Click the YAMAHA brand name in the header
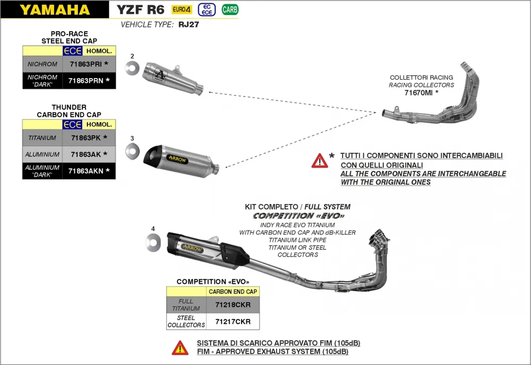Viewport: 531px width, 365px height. (63, 10)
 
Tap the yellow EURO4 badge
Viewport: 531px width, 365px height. (182, 10)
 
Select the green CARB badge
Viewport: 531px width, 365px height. (230, 10)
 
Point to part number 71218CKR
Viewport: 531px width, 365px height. (233, 305)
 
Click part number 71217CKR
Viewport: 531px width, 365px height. (233, 321)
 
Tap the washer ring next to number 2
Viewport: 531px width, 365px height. (132, 67)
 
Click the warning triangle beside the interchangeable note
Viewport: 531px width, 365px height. (320, 160)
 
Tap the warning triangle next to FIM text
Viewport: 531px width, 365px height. (180, 347)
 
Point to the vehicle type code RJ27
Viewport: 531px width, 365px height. (188, 24)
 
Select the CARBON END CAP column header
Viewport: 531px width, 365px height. (233, 292)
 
